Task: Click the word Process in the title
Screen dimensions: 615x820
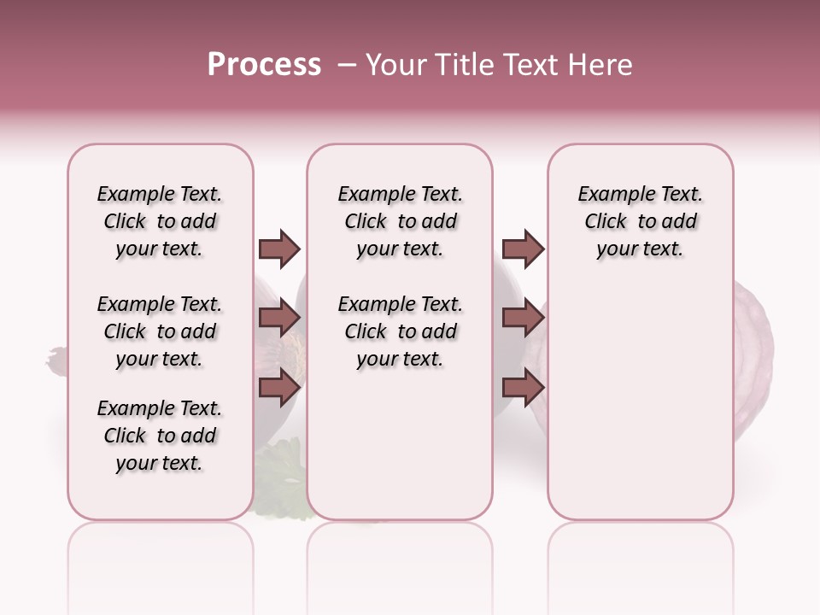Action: click(264, 65)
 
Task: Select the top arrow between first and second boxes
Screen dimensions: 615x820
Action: click(279, 249)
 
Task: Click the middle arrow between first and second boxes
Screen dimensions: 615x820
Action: click(279, 318)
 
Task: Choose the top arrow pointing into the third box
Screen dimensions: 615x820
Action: click(523, 249)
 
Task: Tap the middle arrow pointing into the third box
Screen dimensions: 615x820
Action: click(523, 318)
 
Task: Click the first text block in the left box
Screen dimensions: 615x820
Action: click(160, 221)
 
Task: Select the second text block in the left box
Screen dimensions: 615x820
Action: click(160, 331)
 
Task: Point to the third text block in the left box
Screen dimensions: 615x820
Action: click(160, 436)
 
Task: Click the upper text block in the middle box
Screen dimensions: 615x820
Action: click(400, 221)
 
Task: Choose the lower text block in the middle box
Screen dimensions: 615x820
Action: click(400, 331)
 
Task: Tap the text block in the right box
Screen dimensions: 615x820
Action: click(640, 221)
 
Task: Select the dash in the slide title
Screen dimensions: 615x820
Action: click(348, 65)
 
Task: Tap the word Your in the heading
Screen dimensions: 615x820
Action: click(395, 65)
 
